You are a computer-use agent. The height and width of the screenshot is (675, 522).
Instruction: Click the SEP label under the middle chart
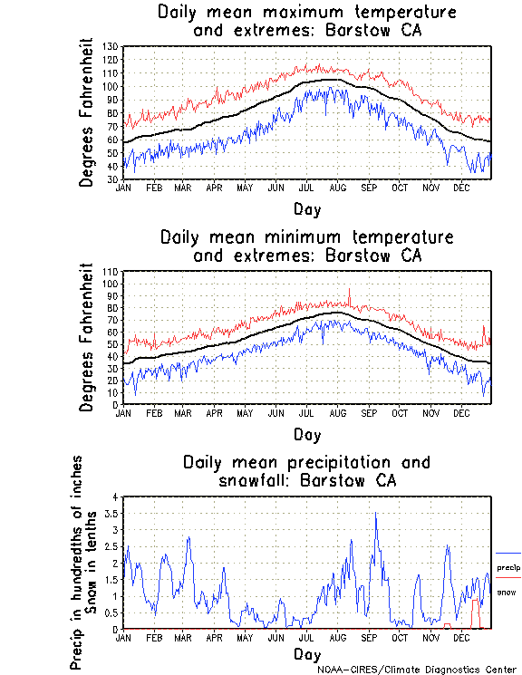pos(368,412)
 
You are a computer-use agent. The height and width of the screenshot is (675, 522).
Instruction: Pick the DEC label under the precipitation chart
pos(461,637)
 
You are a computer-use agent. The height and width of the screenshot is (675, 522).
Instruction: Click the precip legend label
pos(507,568)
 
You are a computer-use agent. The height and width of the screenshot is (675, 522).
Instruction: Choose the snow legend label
pos(507,592)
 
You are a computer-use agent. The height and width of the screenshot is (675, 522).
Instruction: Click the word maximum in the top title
pos(302,13)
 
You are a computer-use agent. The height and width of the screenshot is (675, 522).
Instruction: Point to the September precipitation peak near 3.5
pos(375,514)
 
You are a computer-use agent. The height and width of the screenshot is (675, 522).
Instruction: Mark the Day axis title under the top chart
pos(306,207)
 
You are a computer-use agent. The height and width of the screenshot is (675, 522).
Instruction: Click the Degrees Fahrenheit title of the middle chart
pos(87,338)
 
